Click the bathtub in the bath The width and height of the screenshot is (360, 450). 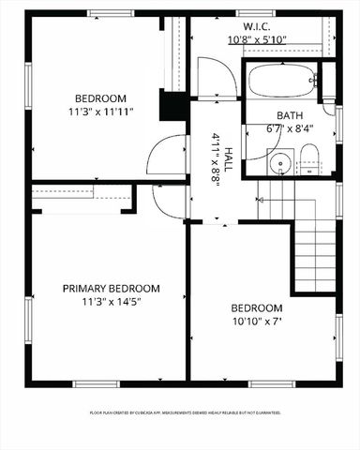pos(281,81)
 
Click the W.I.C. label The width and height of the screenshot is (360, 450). pos(258,27)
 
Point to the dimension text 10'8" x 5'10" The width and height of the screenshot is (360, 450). pos(258,40)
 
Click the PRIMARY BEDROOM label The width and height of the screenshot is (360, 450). pos(111,289)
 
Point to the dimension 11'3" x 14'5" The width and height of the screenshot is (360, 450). pos(111,302)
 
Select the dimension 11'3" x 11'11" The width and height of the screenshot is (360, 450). pos(100,112)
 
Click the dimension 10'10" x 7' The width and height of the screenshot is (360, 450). pos(256,322)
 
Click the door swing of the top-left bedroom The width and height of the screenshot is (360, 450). pos(169,155)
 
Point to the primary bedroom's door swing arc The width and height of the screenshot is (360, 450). pos(169,201)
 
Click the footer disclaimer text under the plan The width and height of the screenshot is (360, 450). pos(185,412)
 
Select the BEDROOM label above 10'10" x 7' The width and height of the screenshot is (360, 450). pos(256,308)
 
